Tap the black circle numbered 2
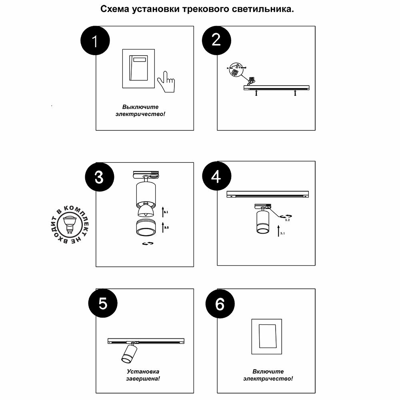[x=216, y=40]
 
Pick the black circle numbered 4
[x=216, y=176]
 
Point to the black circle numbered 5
[x=103, y=304]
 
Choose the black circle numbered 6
[x=220, y=304]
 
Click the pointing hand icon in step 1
[x=165, y=82]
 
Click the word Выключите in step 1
[x=140, y=107]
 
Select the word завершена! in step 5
[x=140, y=378]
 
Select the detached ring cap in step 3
[x=146, y=228]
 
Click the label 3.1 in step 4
[x=282, y=233]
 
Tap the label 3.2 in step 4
[x=287, y=220]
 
